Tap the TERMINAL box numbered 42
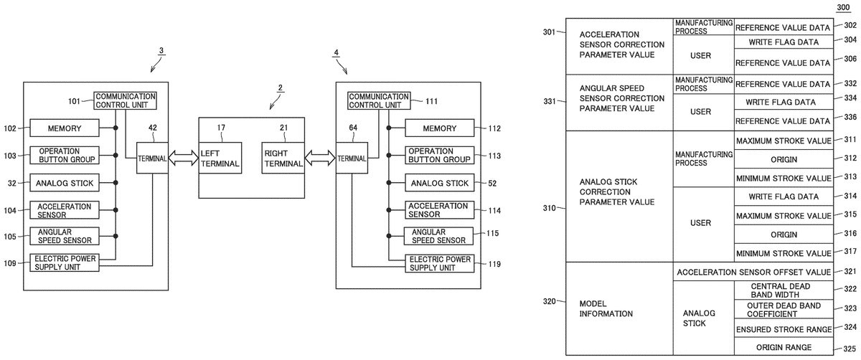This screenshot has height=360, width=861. pyautogui.click(x=152, y=158)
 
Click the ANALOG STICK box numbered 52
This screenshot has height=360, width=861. pyautogui.click(x=440, y=184)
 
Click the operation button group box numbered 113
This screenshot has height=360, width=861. pyautogui.click(x=440, y=156)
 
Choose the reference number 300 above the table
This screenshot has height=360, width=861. pyautogui.click(x=847, y=7)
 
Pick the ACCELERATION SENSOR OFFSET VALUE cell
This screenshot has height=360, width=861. pyautogui.click(x=754, y=273)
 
